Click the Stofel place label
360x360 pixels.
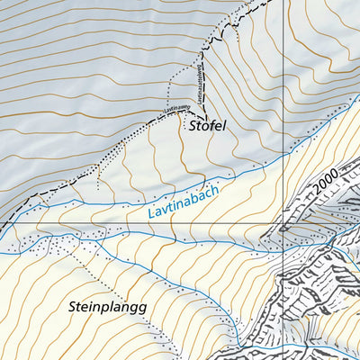point(206,127)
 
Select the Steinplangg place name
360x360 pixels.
point(106,307)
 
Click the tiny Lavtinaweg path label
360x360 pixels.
point(177,111)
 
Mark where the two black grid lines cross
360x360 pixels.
point(283,223)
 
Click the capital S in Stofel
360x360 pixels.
point(192,127)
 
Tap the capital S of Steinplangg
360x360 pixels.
point(73,306)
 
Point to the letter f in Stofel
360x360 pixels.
point(210,127)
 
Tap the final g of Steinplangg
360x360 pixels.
point(141,309)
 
